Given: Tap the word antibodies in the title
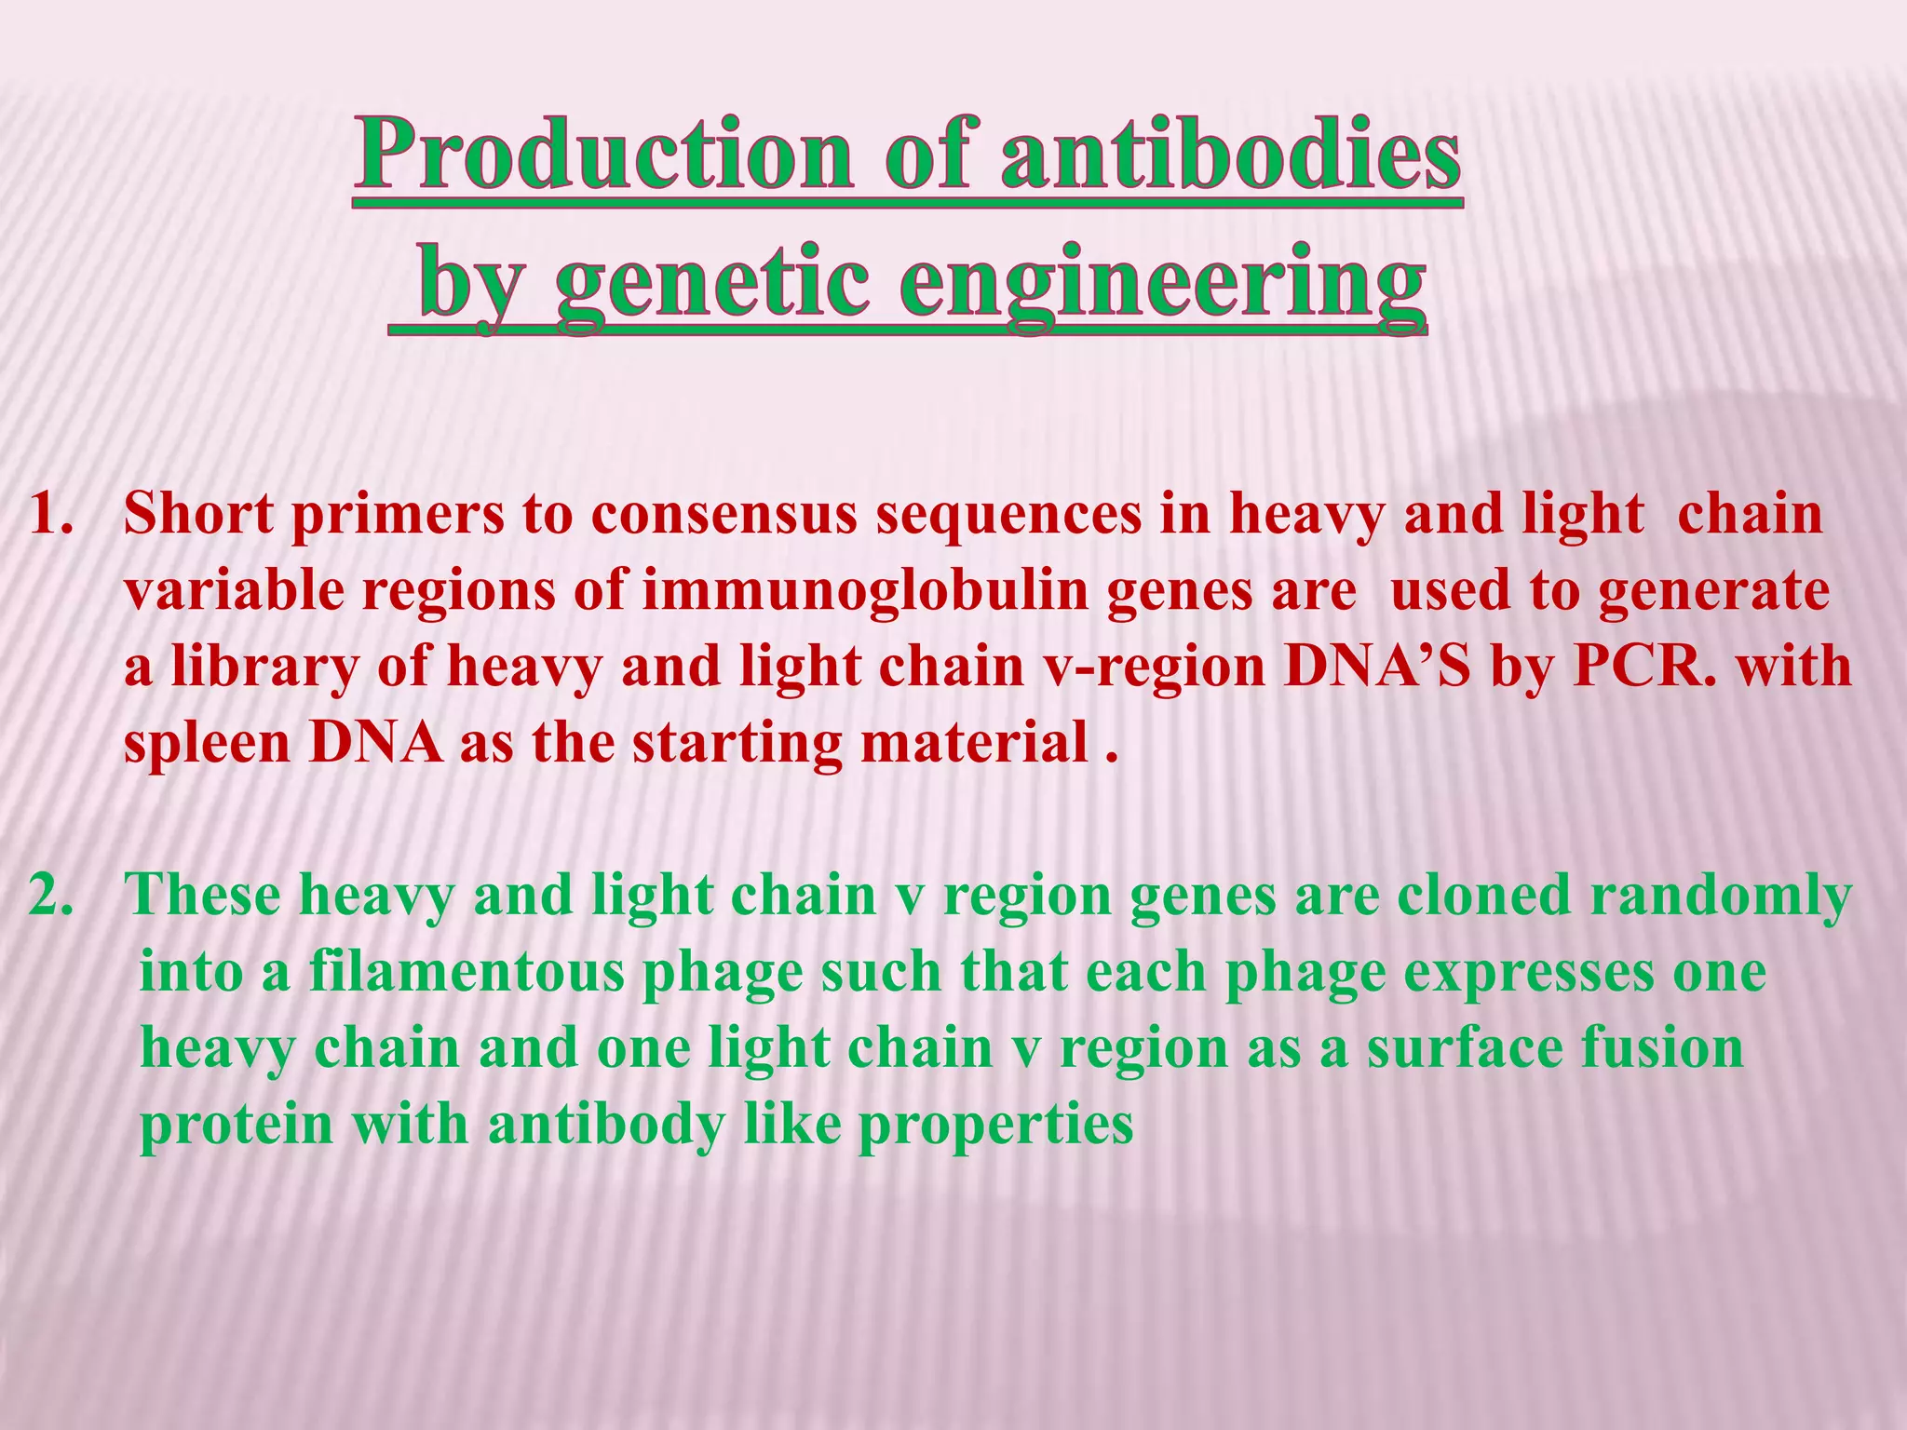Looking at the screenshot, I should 1229,154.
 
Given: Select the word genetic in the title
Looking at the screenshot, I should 712,282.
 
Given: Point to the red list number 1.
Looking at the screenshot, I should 51,515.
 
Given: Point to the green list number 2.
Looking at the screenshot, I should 51,896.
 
